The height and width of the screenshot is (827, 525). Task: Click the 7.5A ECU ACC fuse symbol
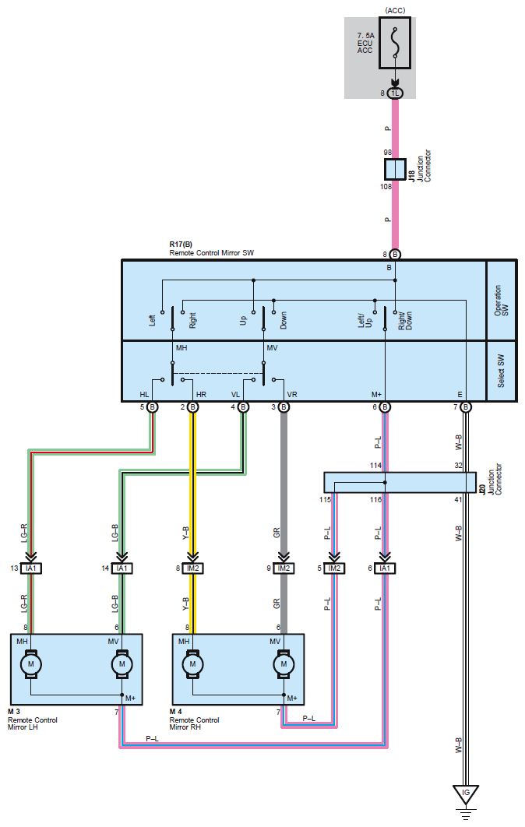(395, 44)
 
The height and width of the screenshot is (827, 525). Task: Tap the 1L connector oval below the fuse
(395, 93)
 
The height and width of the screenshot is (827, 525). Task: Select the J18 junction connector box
(395, 169)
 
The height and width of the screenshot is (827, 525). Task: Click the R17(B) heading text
(181, 245)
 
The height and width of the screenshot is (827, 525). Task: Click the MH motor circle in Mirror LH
(30, 664)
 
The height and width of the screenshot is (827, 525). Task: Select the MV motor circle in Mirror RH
(284, 664)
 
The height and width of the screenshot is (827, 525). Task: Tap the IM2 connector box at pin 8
(193, 568)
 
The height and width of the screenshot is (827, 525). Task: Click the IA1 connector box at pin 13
(31, 568)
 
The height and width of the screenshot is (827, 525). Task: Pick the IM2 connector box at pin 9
(284, 568)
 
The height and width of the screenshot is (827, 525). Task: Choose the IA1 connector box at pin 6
(385, 568)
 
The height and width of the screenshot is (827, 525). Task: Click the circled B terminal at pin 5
(152, 407)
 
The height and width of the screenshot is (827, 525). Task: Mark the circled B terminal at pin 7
(465, 407)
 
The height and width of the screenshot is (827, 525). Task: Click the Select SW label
(501, 371)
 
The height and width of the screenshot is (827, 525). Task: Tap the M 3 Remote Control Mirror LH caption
(32, 720)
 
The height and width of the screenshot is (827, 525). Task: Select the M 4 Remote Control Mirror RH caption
(194, 720)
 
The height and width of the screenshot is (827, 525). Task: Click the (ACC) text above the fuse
(395, 10)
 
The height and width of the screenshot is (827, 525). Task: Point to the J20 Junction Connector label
(490, 479)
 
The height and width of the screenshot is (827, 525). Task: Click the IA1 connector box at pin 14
(122, 568)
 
